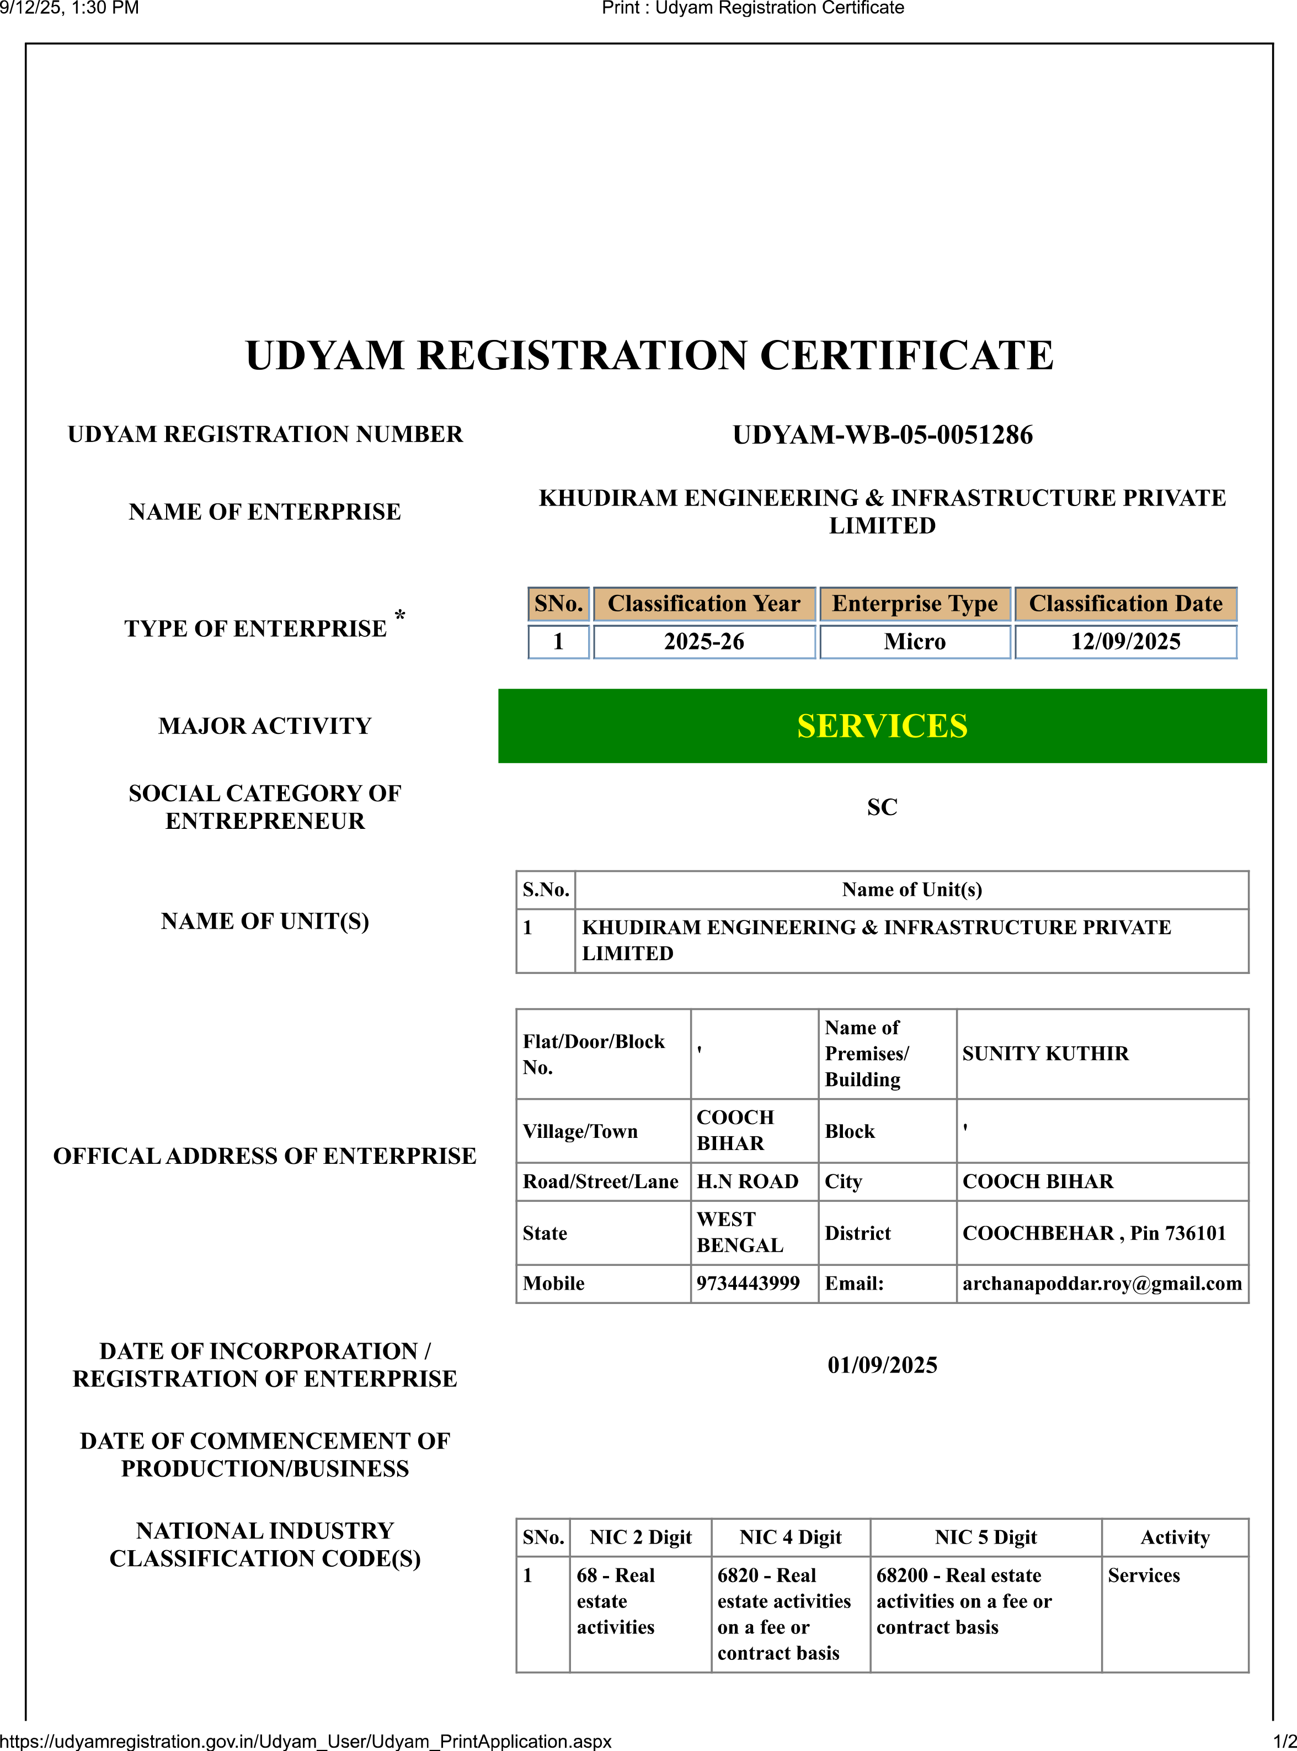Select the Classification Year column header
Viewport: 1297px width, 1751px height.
point(703,604)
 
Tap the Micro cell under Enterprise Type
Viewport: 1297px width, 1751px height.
point(915,641)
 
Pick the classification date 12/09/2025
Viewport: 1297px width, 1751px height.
point(1125,641)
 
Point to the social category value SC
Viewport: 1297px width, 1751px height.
point(882,807)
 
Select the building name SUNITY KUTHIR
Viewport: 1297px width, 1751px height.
point(1045,1053)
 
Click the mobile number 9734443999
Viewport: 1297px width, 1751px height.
point(748,1284)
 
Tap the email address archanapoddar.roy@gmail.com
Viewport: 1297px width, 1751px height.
point(1102,1284)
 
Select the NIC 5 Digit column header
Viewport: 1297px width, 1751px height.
point(985,1537)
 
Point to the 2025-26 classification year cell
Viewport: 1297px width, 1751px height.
point(703,641)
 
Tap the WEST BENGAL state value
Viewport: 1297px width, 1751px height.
point(740,1233)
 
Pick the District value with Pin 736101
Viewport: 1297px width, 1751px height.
point(1093,1233)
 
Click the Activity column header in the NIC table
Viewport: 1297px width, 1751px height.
point(1175,1537)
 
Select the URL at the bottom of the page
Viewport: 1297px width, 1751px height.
point(306,1741)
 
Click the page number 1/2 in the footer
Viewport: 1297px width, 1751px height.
point(1284,1741)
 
